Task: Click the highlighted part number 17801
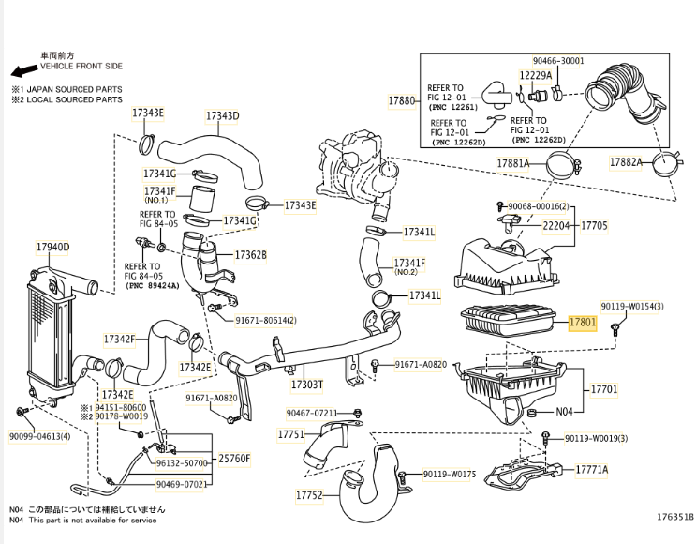pos(583,322)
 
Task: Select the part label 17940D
pos(52,247)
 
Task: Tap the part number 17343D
pos(222,116)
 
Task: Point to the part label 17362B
pos(251,255)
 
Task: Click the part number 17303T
pos(306,385)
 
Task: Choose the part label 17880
pos(402,101)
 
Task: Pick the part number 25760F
pos(234,459)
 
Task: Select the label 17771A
pos(592,470)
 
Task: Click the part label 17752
pos(309,494)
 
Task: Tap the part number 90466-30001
pos(558,61)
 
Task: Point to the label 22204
pos(556,226)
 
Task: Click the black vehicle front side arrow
pos(24,70)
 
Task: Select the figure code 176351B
pos(675,517)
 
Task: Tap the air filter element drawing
pos(509,320)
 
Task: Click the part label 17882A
pos(626,162)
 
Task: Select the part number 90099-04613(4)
pos(40,436)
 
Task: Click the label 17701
pos(604,390)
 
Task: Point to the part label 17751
pos(291,434)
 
